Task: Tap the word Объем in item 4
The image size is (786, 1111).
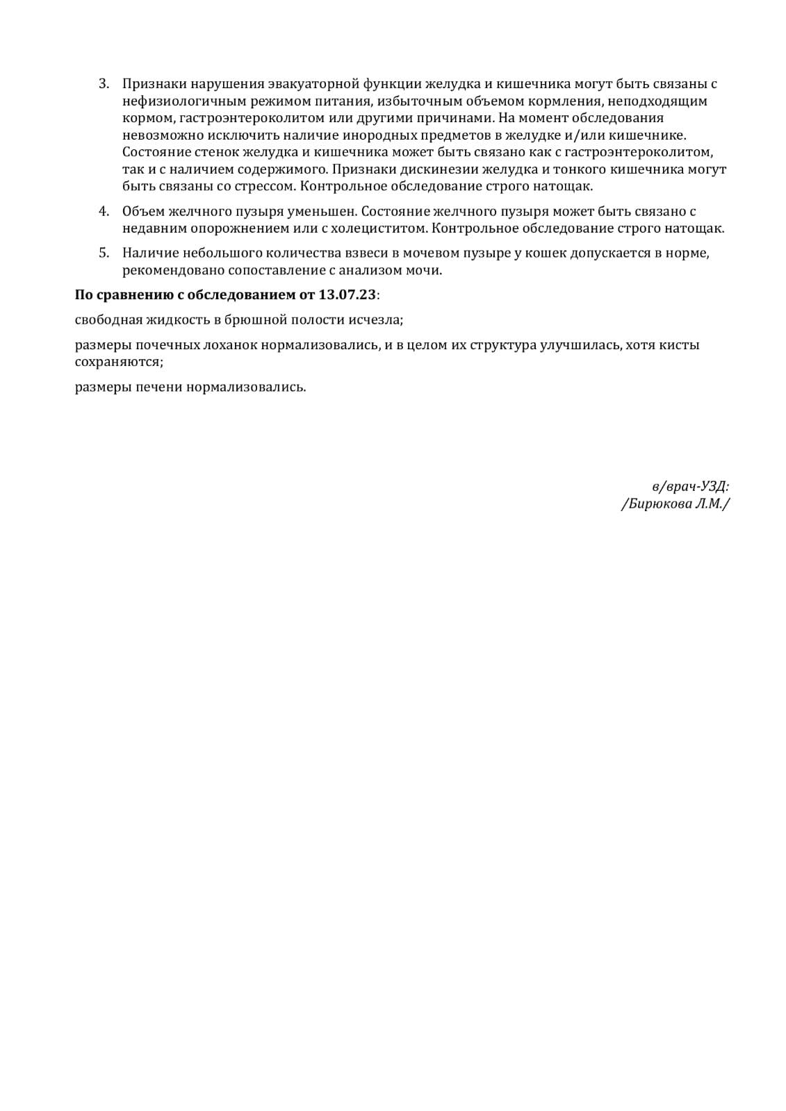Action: [143, 211]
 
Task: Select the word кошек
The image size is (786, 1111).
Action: [550, 253]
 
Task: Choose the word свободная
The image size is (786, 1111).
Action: [107, 320]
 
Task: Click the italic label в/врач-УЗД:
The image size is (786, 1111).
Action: [690, 487]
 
